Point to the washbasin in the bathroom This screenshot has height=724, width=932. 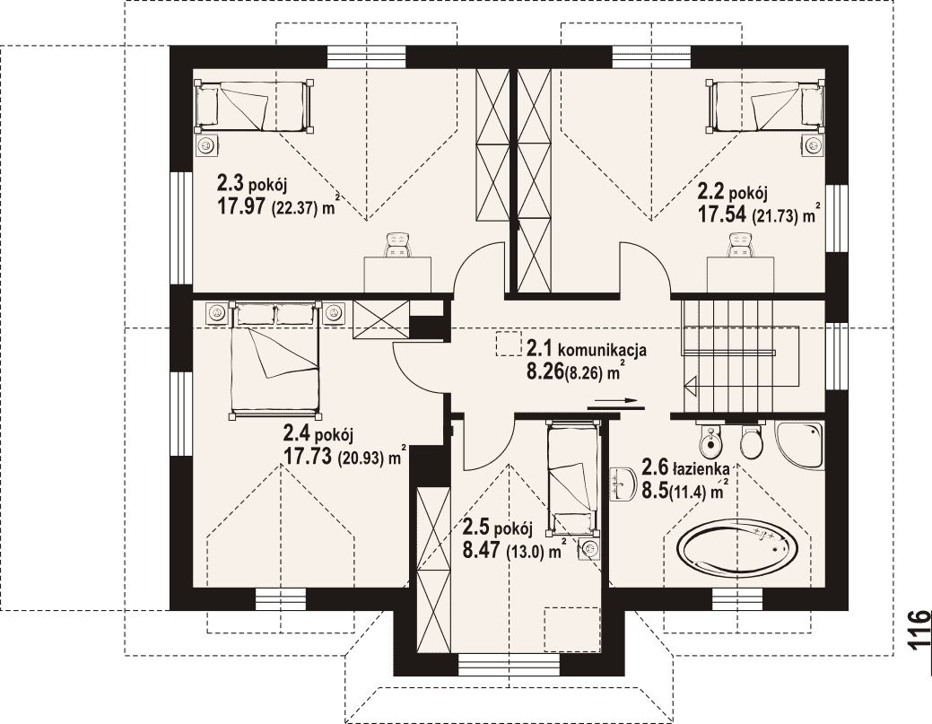pyautogui.click(x=621, y=482)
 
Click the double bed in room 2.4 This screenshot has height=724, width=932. pyautogui.click(x=274, y=359)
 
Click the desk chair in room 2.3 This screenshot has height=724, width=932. pyautogui.click(x=398, y=244)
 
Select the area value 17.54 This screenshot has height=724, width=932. pyautogui.click(x=721, y=214)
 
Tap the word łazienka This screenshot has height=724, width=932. pyautogui.click(x=701, y=469)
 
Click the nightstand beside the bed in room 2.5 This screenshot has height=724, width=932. pyautogui.click(x=589, y=547)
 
